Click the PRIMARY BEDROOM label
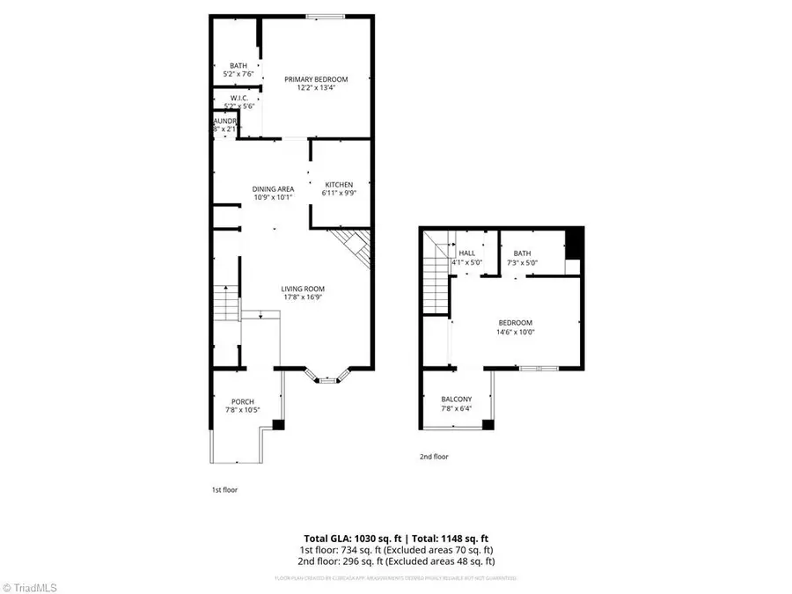tap(315, 79)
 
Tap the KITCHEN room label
tap(339, 185)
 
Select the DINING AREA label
tap(273, 188)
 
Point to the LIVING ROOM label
tap(304, 289)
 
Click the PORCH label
tap(243, 402)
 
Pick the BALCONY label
tap(456, 400)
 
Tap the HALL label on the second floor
tap(466, 253)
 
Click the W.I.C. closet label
tap(238, 98)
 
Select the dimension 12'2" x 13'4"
tap(315, 87)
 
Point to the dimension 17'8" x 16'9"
tap(304, 297)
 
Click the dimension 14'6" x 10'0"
tap(517, 332)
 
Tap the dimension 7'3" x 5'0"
tap(523, 261)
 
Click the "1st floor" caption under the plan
tap(224, 489)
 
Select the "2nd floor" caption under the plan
tap(434, 457)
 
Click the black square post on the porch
tap(278, 425)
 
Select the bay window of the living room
tap(327, 378)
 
